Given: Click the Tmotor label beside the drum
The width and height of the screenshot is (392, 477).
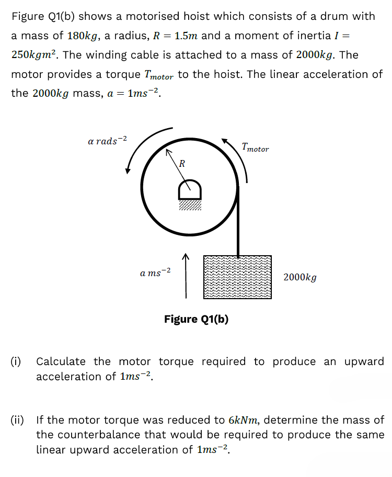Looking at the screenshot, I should [255, 147].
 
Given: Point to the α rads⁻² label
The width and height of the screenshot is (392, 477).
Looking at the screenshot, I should [108, 141].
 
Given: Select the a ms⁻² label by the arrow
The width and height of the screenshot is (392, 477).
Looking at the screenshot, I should [155, 272].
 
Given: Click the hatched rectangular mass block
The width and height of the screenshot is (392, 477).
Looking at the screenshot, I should [238, 277].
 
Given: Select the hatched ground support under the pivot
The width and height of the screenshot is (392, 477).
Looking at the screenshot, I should [190, 205].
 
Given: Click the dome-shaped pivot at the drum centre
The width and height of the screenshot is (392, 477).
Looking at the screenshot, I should [190, 189].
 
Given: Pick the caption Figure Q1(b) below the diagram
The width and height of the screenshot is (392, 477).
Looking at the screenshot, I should [196, 319].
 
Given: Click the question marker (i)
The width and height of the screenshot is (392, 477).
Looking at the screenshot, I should [16, 361].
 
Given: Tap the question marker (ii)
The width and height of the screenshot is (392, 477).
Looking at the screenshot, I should [17, 419].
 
